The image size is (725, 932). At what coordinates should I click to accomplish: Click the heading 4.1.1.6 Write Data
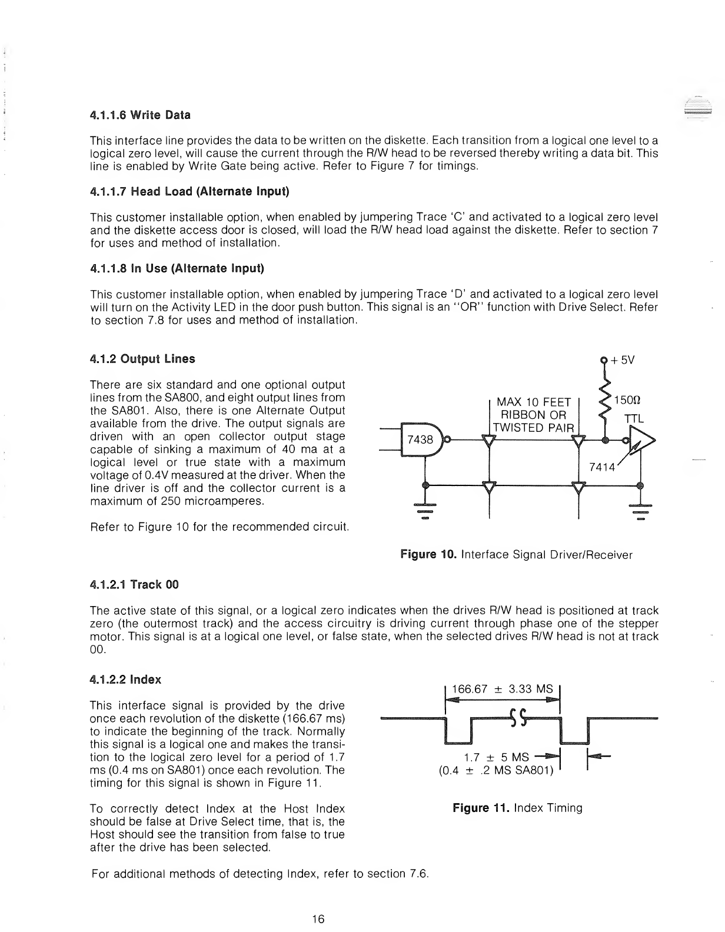140,115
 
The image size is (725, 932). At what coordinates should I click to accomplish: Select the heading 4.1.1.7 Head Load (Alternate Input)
189,192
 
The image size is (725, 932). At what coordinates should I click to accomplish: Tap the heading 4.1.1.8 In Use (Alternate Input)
177,269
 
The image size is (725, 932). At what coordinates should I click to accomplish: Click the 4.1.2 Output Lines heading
142,359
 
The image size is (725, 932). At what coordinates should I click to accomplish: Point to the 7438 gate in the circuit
420,439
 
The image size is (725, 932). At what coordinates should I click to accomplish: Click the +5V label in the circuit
621,361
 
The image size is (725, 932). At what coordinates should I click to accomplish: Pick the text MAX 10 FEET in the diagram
534,402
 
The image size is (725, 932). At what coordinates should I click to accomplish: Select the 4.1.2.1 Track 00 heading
134,585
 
